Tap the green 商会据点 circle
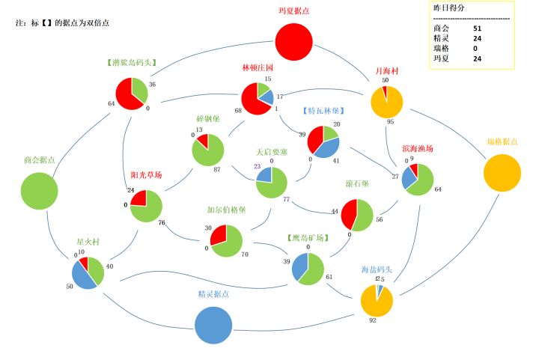[39, 190]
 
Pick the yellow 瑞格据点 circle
[502, 173]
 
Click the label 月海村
[387, 71]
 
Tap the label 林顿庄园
[258, 68]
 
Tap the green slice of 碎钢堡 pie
[210, 153]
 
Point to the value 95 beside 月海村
[390, 121]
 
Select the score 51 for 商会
[478, 28]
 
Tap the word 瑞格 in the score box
[441, 48]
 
